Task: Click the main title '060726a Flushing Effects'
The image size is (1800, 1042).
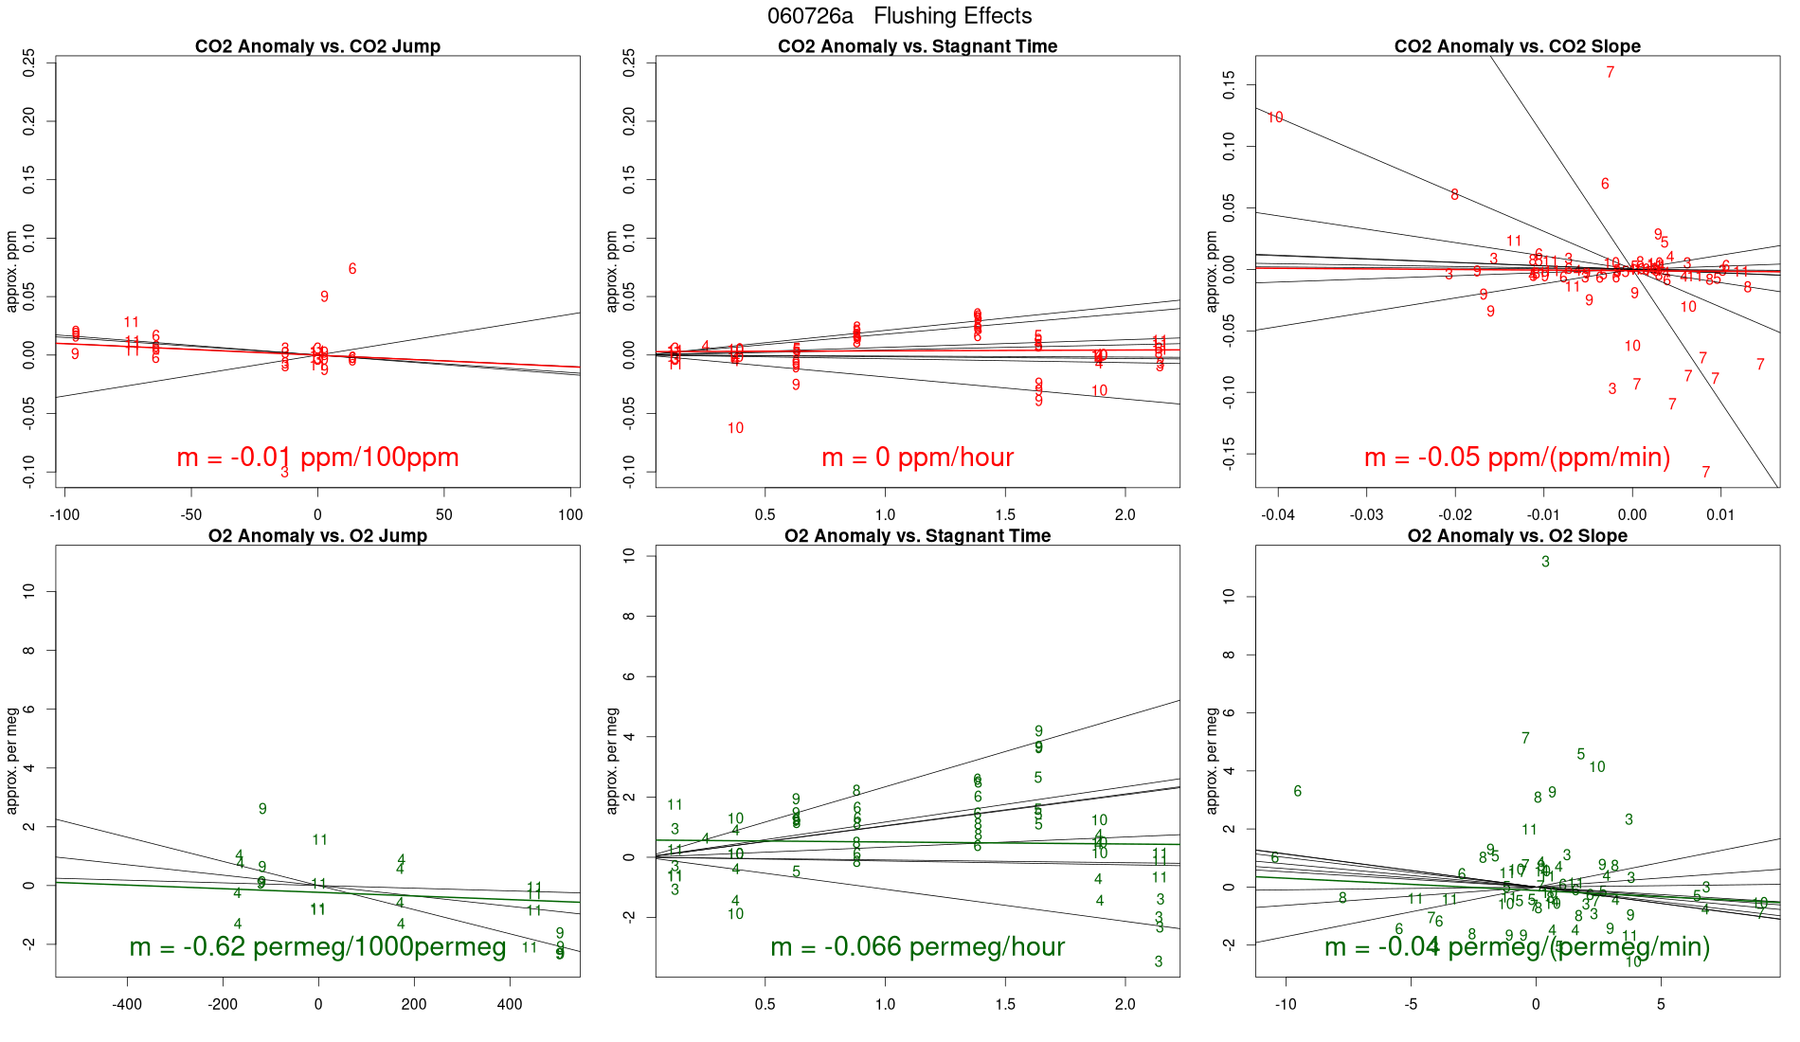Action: pyautogui.click(x=899, y=16)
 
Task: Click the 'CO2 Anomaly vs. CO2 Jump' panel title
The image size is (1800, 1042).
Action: pyautogui.click(x=317, y=46)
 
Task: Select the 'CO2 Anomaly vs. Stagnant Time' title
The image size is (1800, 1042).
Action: pyautogui.click(x=917, y=46)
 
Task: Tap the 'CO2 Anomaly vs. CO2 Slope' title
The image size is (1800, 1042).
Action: pyautogui.click(x=1517, y=46)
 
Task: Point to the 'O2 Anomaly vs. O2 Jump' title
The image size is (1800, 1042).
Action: pyautogui.click(x=317, y=536)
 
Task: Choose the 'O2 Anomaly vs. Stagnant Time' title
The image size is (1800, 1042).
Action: pyautogui.click(x=917, y=536)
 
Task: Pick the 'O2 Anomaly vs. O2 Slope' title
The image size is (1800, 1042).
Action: pyautogui.click(x=1517, y=536)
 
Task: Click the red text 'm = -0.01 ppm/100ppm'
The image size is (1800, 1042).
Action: pyautogui.click(x=317, y=458)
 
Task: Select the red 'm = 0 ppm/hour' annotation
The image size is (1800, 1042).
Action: pyautogui.click(x=917, y=458)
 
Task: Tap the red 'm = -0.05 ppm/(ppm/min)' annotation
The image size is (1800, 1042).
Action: pyautogui.click(x=1517, y=458)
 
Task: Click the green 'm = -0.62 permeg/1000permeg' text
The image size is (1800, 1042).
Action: pyautogui.click(x=317, y=947)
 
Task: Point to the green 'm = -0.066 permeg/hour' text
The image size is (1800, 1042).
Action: pyautogui.click(x=917, y=947)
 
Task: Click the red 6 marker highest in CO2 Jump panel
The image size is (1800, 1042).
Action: pyautogui.click(x=352, y=269)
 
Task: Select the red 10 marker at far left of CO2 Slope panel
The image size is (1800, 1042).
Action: pyautogui.click(x=1275, y=117)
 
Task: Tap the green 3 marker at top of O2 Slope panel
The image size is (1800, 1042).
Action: pyautogui.click(x=1545, y=562)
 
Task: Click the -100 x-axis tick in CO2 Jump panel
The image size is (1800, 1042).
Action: pyautogui.click(x=64, y=515)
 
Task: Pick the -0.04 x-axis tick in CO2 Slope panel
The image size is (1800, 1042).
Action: pyautogui.click(x=1277, y=515)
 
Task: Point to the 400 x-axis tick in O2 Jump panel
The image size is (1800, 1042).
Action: pyautogui.click(x=510, y=1005)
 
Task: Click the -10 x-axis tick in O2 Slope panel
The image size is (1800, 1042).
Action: pyautogui.click(x=1286, y=1005)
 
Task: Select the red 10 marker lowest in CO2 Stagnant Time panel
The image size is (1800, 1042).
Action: pyautogui.click(x=735, y=428)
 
